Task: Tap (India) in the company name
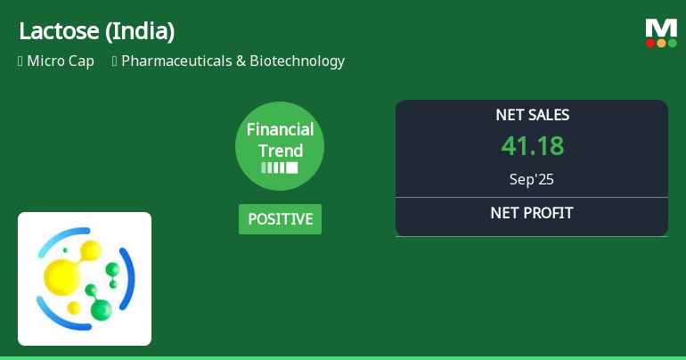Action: coord(140,31)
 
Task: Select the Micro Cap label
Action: coord(60,61)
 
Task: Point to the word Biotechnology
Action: coord(297,61)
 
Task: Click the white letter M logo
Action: coord(661,29)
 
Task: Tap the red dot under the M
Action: coord(650,43)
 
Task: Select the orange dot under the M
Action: coord(661,43)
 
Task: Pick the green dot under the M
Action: coord(672,43)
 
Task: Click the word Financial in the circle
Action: coord(280,130)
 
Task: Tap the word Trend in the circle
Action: coord(280,151)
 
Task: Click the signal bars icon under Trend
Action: coord(280,168)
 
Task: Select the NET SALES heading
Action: coord(532,115)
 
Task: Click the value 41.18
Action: coord(532,146)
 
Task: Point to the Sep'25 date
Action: coord(532,179)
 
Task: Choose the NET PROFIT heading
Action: coord(532,213)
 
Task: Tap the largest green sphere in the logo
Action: coord(101,309)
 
